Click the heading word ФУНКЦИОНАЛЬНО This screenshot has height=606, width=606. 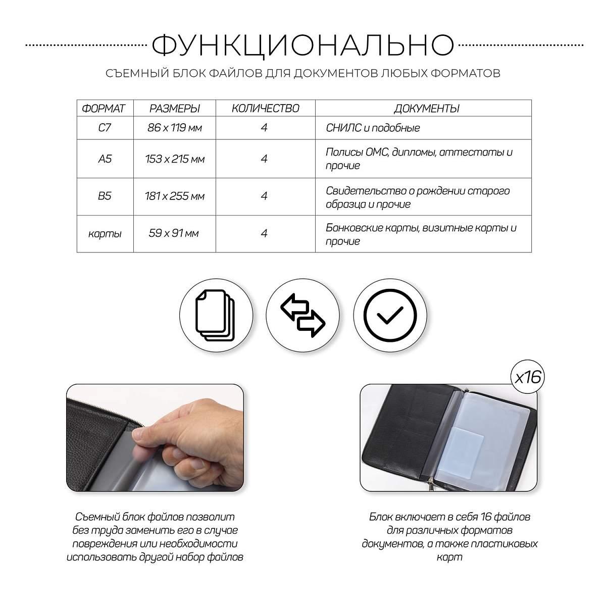(303, 46)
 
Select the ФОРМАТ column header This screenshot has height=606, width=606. (104, 109)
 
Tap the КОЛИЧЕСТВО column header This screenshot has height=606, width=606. (266, 109)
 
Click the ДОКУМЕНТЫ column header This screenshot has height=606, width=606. (426, 109)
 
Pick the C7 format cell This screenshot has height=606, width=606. (105, 128)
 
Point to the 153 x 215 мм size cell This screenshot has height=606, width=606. (175, 159)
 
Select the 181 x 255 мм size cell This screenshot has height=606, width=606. (175, 196)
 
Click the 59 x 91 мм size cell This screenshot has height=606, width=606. (174, 233)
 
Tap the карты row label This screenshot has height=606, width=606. (105, 234)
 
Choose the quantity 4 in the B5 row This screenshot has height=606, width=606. (264, 196)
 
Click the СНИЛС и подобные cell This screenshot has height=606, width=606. (373, 128)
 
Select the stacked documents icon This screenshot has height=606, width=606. (216, 315)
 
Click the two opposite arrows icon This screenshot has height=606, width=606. (303, 315)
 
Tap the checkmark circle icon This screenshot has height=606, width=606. (390, 315)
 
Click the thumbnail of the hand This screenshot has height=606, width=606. (155, 438)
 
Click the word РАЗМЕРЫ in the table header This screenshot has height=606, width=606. (175, 109)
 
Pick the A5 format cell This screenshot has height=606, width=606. (105, 159)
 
